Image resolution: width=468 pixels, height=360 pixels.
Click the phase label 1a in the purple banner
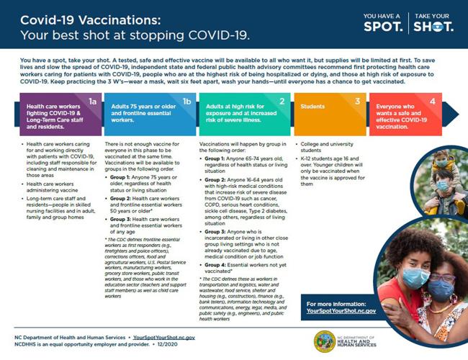[x=92, y=102]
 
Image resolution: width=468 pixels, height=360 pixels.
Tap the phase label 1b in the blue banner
[x=186, y=102]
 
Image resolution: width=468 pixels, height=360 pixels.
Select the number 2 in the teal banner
[x=282, y=102]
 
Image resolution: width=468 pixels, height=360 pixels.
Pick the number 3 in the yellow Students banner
[x=357, y=102]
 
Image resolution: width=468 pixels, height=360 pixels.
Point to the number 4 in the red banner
[x=432, y=102]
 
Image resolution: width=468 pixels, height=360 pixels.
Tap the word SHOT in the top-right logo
[x=433, y=27]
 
